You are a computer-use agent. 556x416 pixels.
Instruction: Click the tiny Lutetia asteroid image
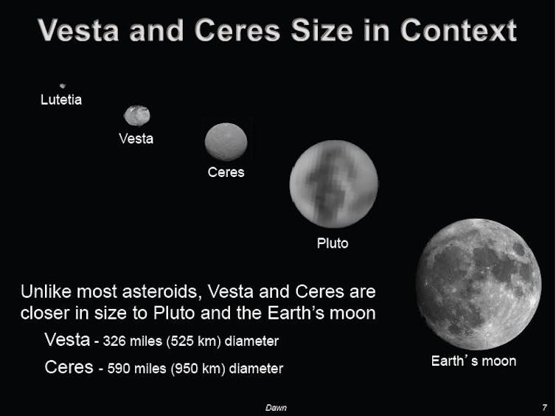(x=63, y=86)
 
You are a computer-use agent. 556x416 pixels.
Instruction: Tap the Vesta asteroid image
(x=137, y=116)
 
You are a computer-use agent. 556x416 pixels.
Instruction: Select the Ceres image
(x=226, y=142)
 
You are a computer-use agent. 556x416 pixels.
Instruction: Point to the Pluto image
(x=333, y=184)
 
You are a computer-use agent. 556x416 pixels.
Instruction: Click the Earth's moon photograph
(x=479, y=284)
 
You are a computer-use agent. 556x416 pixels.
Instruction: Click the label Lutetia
(x=61, y=100)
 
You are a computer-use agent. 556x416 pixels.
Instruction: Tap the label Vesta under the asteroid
(x=136, y=139)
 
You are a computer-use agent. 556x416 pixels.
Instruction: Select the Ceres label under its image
(x=226, y=173)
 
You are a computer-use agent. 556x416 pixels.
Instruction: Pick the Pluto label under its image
(x=333, y=243)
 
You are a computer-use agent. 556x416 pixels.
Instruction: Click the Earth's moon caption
(x=473, y=361)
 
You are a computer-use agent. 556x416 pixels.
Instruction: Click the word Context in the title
(x=459, y=31)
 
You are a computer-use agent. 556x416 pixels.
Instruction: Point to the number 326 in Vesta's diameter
(x=114, y=342)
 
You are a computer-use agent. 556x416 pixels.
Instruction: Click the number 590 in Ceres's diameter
(x=119, y=369)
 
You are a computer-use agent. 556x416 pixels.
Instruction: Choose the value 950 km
(x=198, y=369)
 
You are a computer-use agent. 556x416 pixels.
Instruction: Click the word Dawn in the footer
(x=276, y=408)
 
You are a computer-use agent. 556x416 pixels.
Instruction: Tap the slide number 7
(x=544, y=407)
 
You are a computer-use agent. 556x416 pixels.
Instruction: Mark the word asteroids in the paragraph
(x=159, y=292)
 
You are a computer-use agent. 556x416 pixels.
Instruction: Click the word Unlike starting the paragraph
(x=46, y=292)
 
